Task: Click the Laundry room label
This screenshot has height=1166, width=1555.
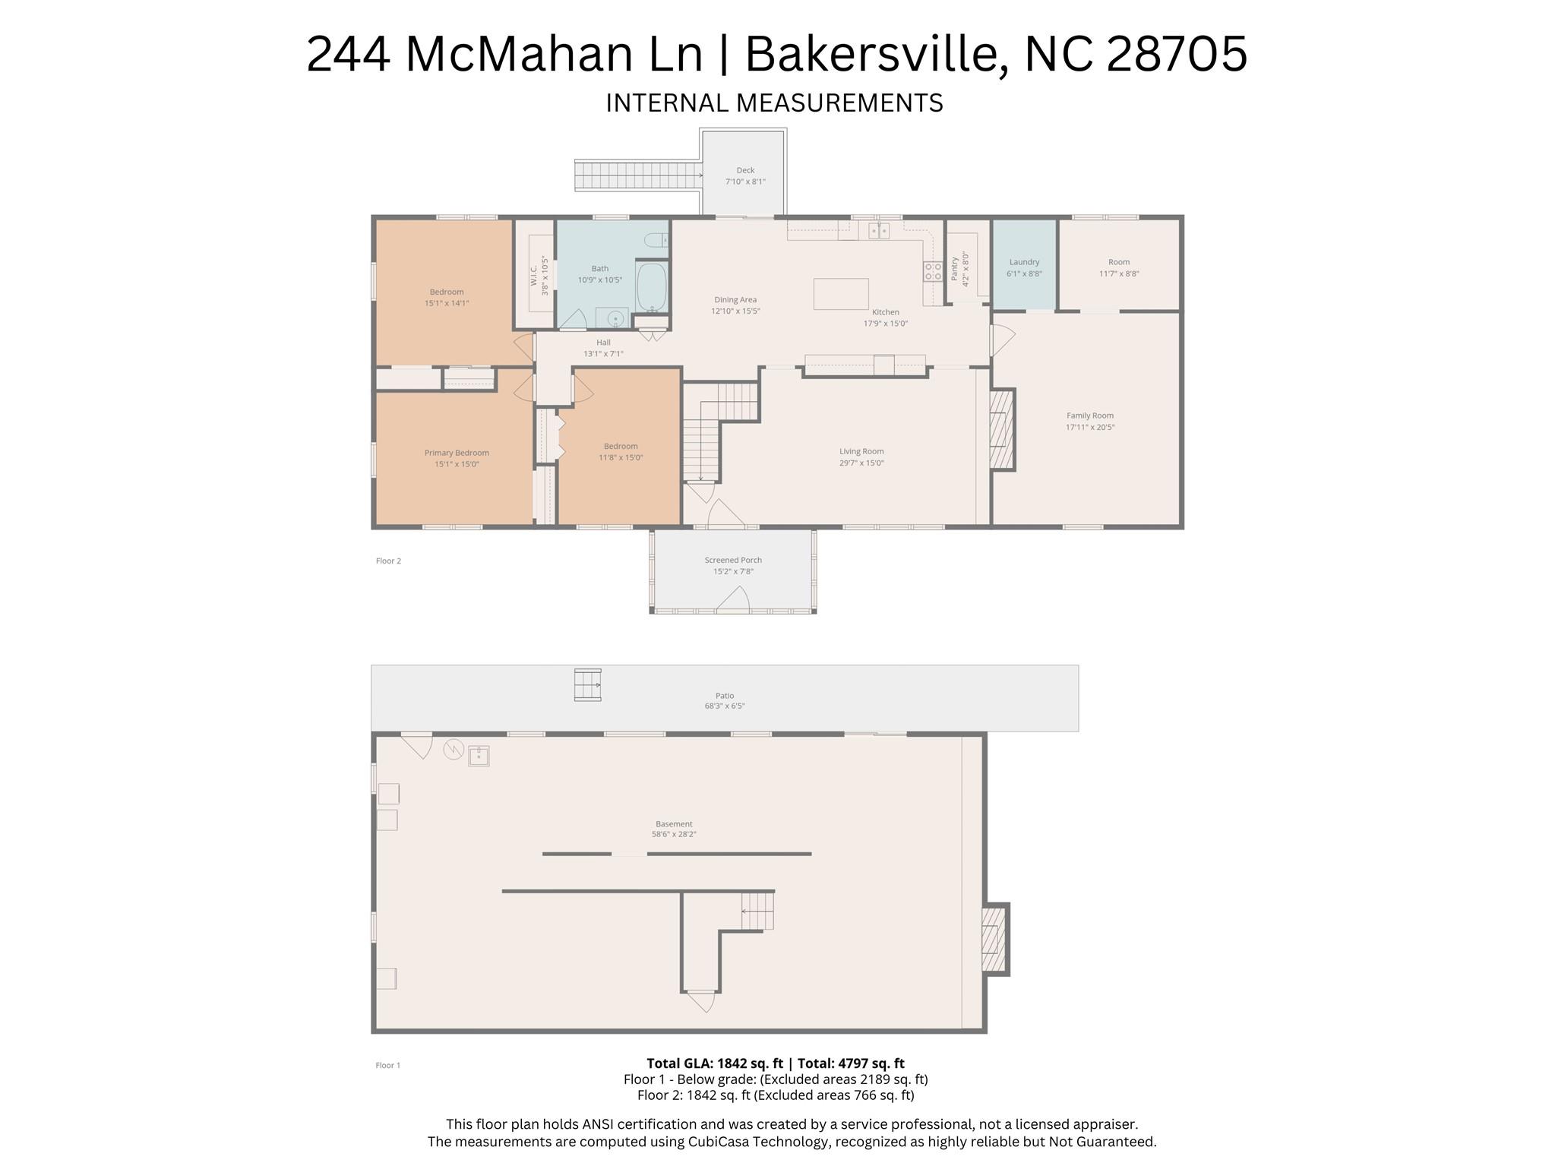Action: pos(1024,262)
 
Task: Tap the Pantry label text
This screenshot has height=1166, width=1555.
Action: pos(955,269)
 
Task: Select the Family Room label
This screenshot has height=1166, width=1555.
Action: pos(1090,416)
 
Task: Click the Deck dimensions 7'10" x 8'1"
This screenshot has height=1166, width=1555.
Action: pos(745,182)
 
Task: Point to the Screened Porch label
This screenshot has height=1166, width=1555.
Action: pos(733,560)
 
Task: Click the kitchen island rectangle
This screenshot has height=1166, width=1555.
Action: pos(841,294)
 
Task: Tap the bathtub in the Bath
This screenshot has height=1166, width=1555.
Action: pos(651,286)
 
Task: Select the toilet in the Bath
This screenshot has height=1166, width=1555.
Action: pos(656,240)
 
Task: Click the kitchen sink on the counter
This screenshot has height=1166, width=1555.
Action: pos(879,229)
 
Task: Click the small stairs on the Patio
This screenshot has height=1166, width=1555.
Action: pos(587,684)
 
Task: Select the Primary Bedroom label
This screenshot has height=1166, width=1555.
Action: pos(457,453)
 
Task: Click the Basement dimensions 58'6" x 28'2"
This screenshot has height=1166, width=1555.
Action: pos(674,834)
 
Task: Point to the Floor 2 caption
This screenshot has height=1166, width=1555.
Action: pos(388,561)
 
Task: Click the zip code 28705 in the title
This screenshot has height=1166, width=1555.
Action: pos(1177,54)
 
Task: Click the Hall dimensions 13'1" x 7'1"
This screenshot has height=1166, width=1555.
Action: pos(603,353)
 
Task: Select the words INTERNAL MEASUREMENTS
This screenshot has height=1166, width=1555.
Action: pos(774,103)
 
